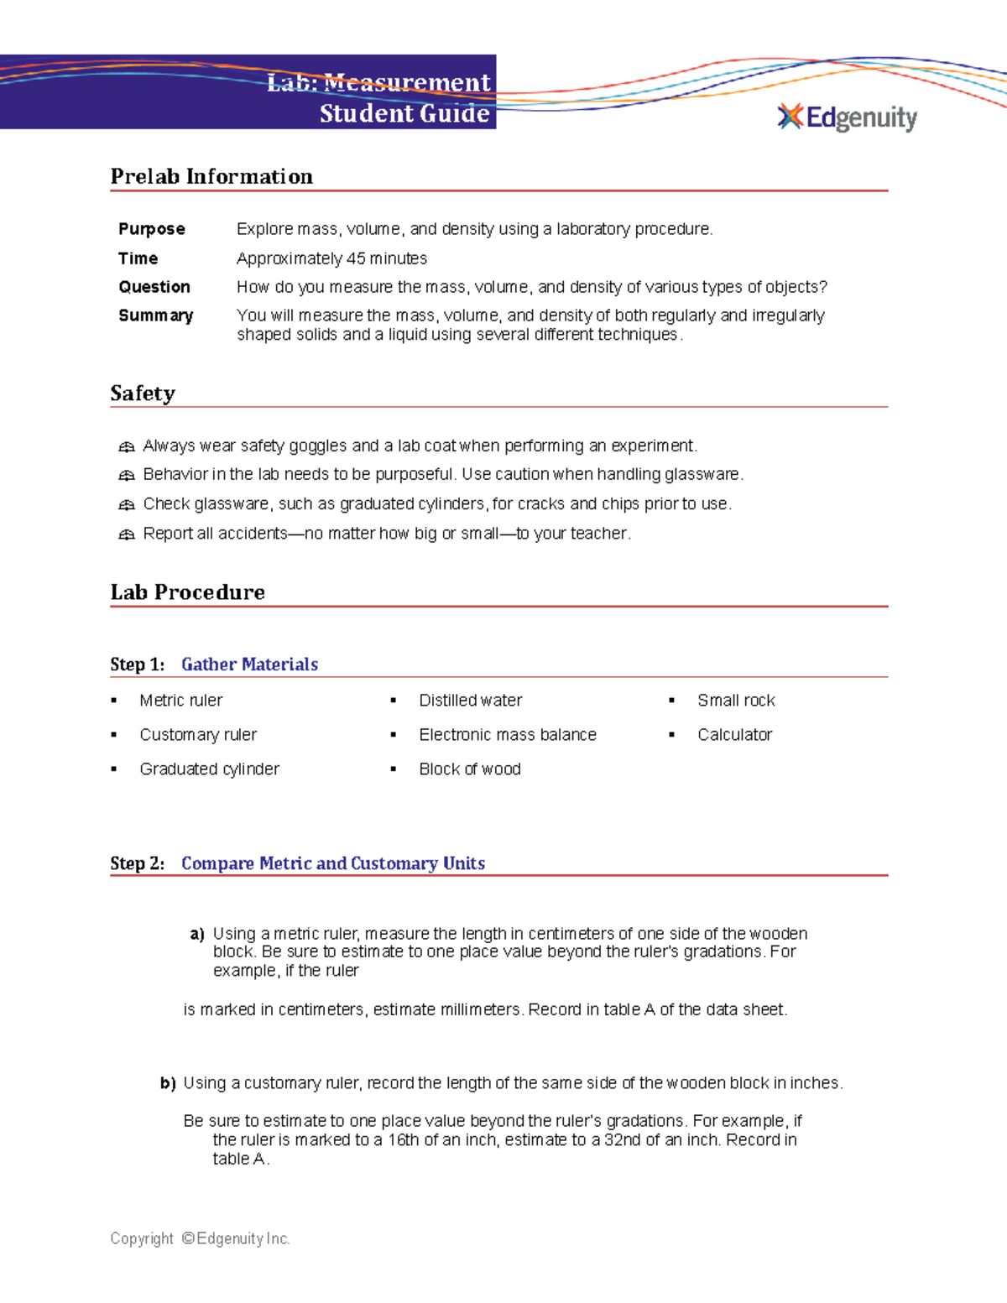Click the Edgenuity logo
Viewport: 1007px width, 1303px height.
(848, 117)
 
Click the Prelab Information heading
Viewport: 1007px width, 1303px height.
(211, 176)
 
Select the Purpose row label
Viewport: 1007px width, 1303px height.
(152, 229)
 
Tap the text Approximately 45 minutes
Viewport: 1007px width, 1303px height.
(331, 258)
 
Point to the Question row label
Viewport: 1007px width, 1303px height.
(154, 287)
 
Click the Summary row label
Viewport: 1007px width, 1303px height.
(156, 315)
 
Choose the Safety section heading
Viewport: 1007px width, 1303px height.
(143, 394)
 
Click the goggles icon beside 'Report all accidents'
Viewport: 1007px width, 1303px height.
(127, 534)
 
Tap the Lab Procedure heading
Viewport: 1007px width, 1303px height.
(188, 592)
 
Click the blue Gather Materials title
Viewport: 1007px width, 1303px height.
(249, 665)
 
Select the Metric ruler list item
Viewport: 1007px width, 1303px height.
(181, 701)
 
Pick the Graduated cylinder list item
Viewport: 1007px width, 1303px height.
(209, 769)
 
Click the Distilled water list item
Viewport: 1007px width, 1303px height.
(470, 701)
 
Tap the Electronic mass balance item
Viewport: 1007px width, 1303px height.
(508, 735)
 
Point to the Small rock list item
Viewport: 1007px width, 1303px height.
(736, 701)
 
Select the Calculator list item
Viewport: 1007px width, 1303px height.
(734, 735)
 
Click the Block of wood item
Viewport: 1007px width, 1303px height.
(470, 769)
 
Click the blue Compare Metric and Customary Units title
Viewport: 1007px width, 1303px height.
(333, 863)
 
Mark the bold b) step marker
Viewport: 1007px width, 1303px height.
(168, 1084)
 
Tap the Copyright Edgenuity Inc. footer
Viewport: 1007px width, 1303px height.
(200, 1238)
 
